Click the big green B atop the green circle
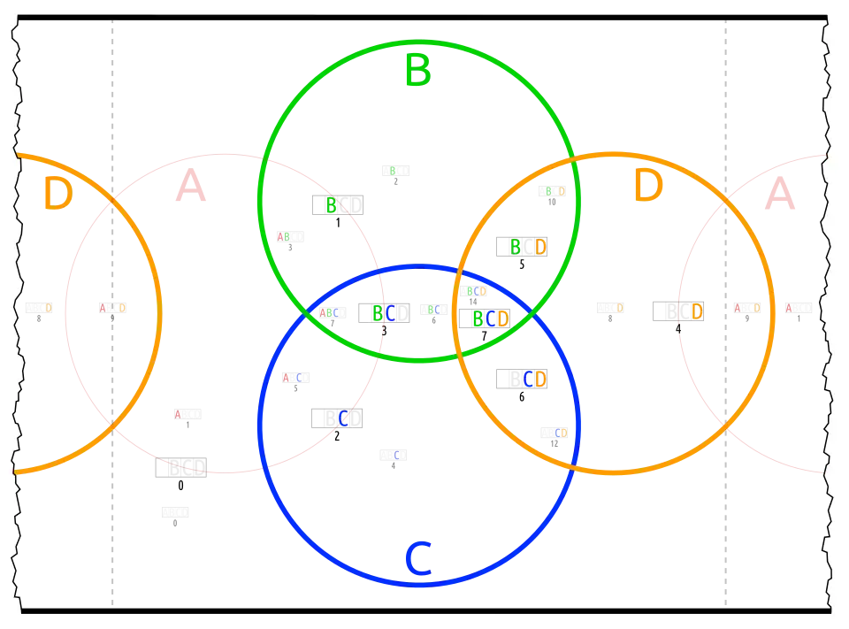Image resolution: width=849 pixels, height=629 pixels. (417, 70)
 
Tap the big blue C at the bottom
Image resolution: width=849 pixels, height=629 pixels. (417, 559)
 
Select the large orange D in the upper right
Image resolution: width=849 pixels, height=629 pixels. (648, 187)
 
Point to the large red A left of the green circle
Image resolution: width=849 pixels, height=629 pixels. (191, 188)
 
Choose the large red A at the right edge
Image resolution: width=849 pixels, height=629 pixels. (779, 194)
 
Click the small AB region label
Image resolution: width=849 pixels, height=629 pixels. (283, 236)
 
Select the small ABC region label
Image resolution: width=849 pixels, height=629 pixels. (329, 312)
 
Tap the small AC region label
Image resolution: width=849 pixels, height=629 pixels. (292, 378)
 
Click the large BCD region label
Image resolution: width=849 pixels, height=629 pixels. (490, 318)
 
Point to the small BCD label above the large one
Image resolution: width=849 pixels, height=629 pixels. (477, 291)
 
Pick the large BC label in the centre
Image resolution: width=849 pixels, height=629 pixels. (384, 313)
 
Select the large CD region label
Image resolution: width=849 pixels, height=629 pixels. (535, 379)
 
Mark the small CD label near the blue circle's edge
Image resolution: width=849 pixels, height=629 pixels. (561, 433)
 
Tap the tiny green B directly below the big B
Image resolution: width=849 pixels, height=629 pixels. (393, 170)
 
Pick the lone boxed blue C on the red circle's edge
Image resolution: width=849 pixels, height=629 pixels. (344, 418)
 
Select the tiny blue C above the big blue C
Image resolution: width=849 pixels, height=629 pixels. (397, 455)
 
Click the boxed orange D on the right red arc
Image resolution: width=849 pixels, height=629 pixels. (697, 311)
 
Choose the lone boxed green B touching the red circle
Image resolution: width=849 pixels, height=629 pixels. (332, 206)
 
